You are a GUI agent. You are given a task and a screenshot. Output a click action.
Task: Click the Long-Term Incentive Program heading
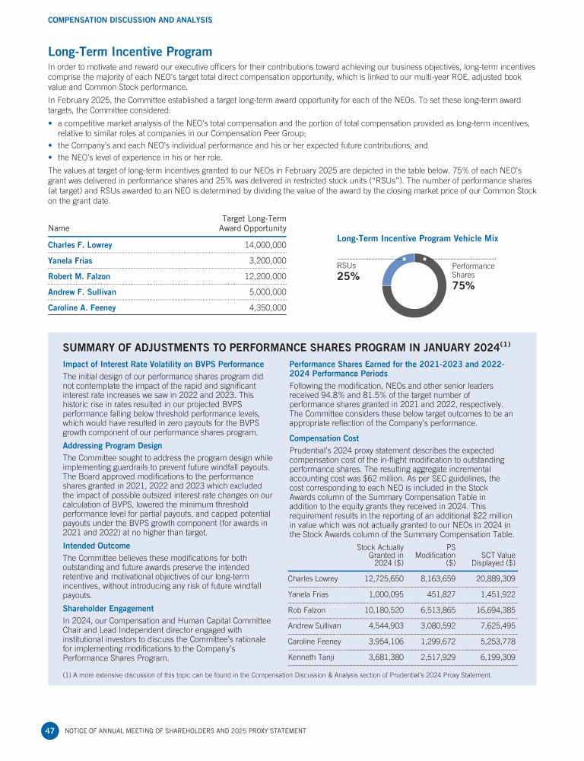coord(130,52)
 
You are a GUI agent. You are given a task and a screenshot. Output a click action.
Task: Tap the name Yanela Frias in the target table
coord(71,261)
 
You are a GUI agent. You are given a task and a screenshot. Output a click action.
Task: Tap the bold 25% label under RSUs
coord(348,277)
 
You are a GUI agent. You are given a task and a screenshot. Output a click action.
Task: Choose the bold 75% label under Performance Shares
coord(463,285)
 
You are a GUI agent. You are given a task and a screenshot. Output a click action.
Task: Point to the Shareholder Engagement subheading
coord(108,609)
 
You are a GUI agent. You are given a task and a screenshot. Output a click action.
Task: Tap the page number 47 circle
coord(49,731)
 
